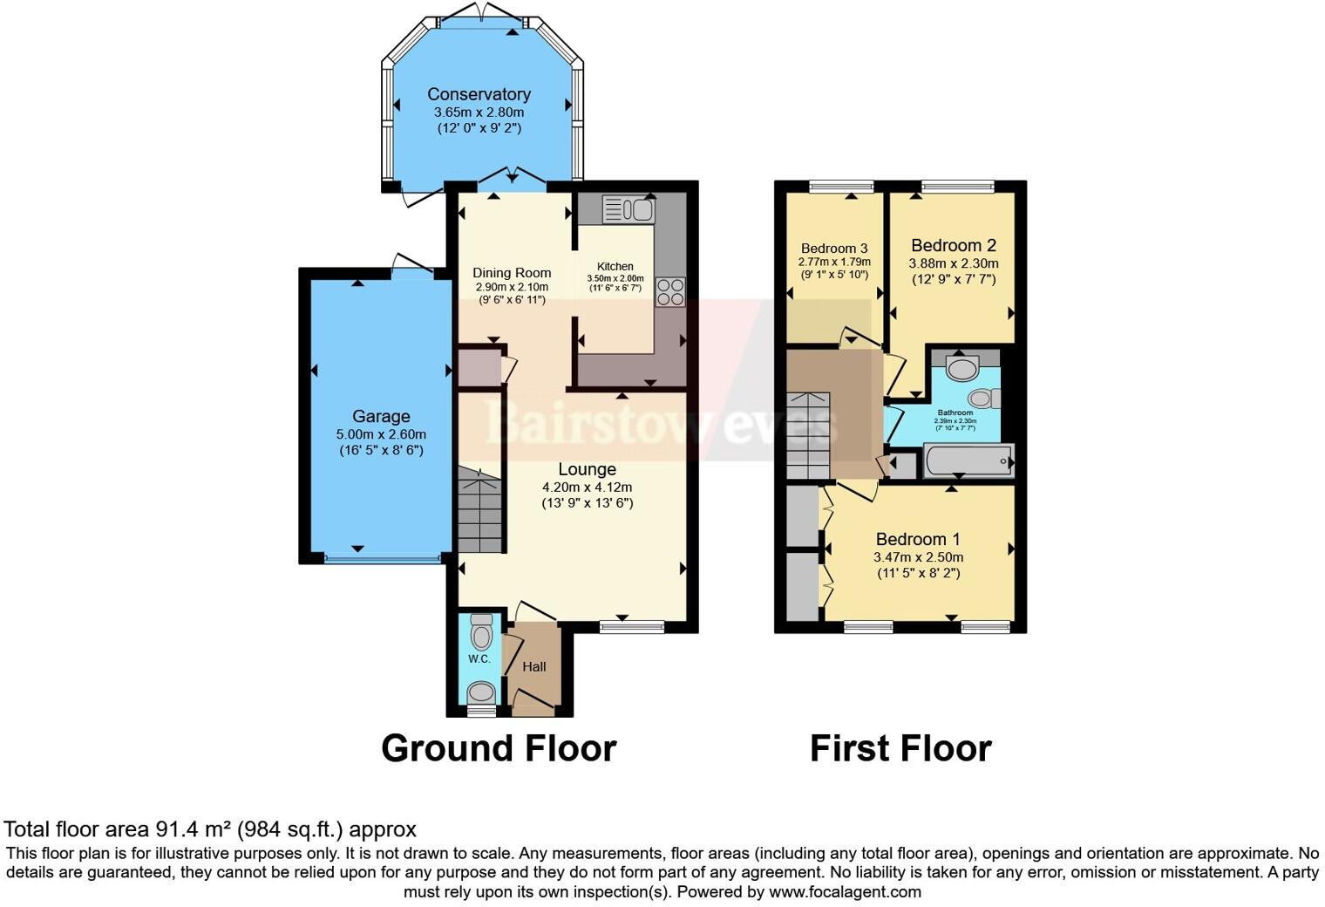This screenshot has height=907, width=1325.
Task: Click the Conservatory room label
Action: click(x=479, y=94)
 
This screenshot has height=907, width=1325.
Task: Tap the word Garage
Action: click(x=381, y=416)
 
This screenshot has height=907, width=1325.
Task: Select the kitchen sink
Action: click(x=629, y=209)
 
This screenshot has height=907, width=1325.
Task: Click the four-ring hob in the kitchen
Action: click(x=670, y=291)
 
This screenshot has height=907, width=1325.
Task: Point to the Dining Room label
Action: click(x=512, y=273)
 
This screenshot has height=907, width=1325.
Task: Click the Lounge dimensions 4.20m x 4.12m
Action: click(x=587, y=488)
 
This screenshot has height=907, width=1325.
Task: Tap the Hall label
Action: click(x=534, y=666)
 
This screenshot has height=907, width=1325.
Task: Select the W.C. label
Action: click(x=479, y=658)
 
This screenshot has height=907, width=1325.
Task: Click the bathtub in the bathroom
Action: click(x=968, y=460)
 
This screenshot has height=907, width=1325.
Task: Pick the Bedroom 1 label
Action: click(x=918, y=539)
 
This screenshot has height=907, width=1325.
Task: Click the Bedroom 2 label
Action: click(x=954, y=246)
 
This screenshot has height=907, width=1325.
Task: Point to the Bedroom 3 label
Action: click(x=834, y=249)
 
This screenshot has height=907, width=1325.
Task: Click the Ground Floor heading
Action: click(x=499, y=748)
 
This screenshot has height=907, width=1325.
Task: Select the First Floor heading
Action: click(x=900, y=748)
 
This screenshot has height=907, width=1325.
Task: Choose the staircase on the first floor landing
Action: click(x=808, y=434)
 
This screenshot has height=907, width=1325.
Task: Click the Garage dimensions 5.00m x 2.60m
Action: click(x=381, y=434)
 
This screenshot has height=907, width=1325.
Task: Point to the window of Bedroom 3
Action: click(x=840, y=186)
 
